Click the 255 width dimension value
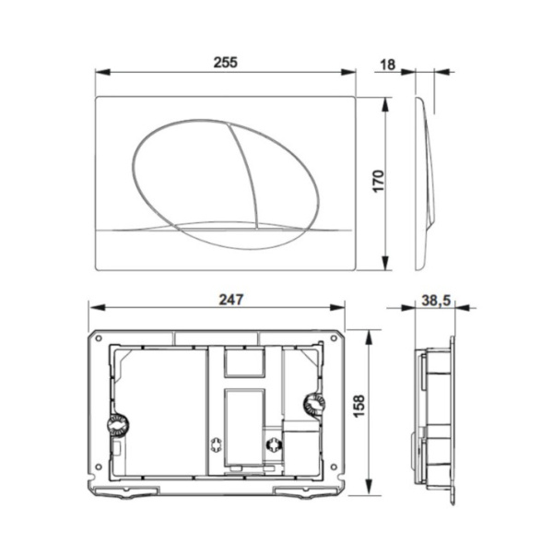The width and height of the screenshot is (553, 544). (x=226, y=62)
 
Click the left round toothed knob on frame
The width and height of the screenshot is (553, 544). (x=117, y=425)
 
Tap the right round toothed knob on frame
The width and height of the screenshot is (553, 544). (x=313, y=405)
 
